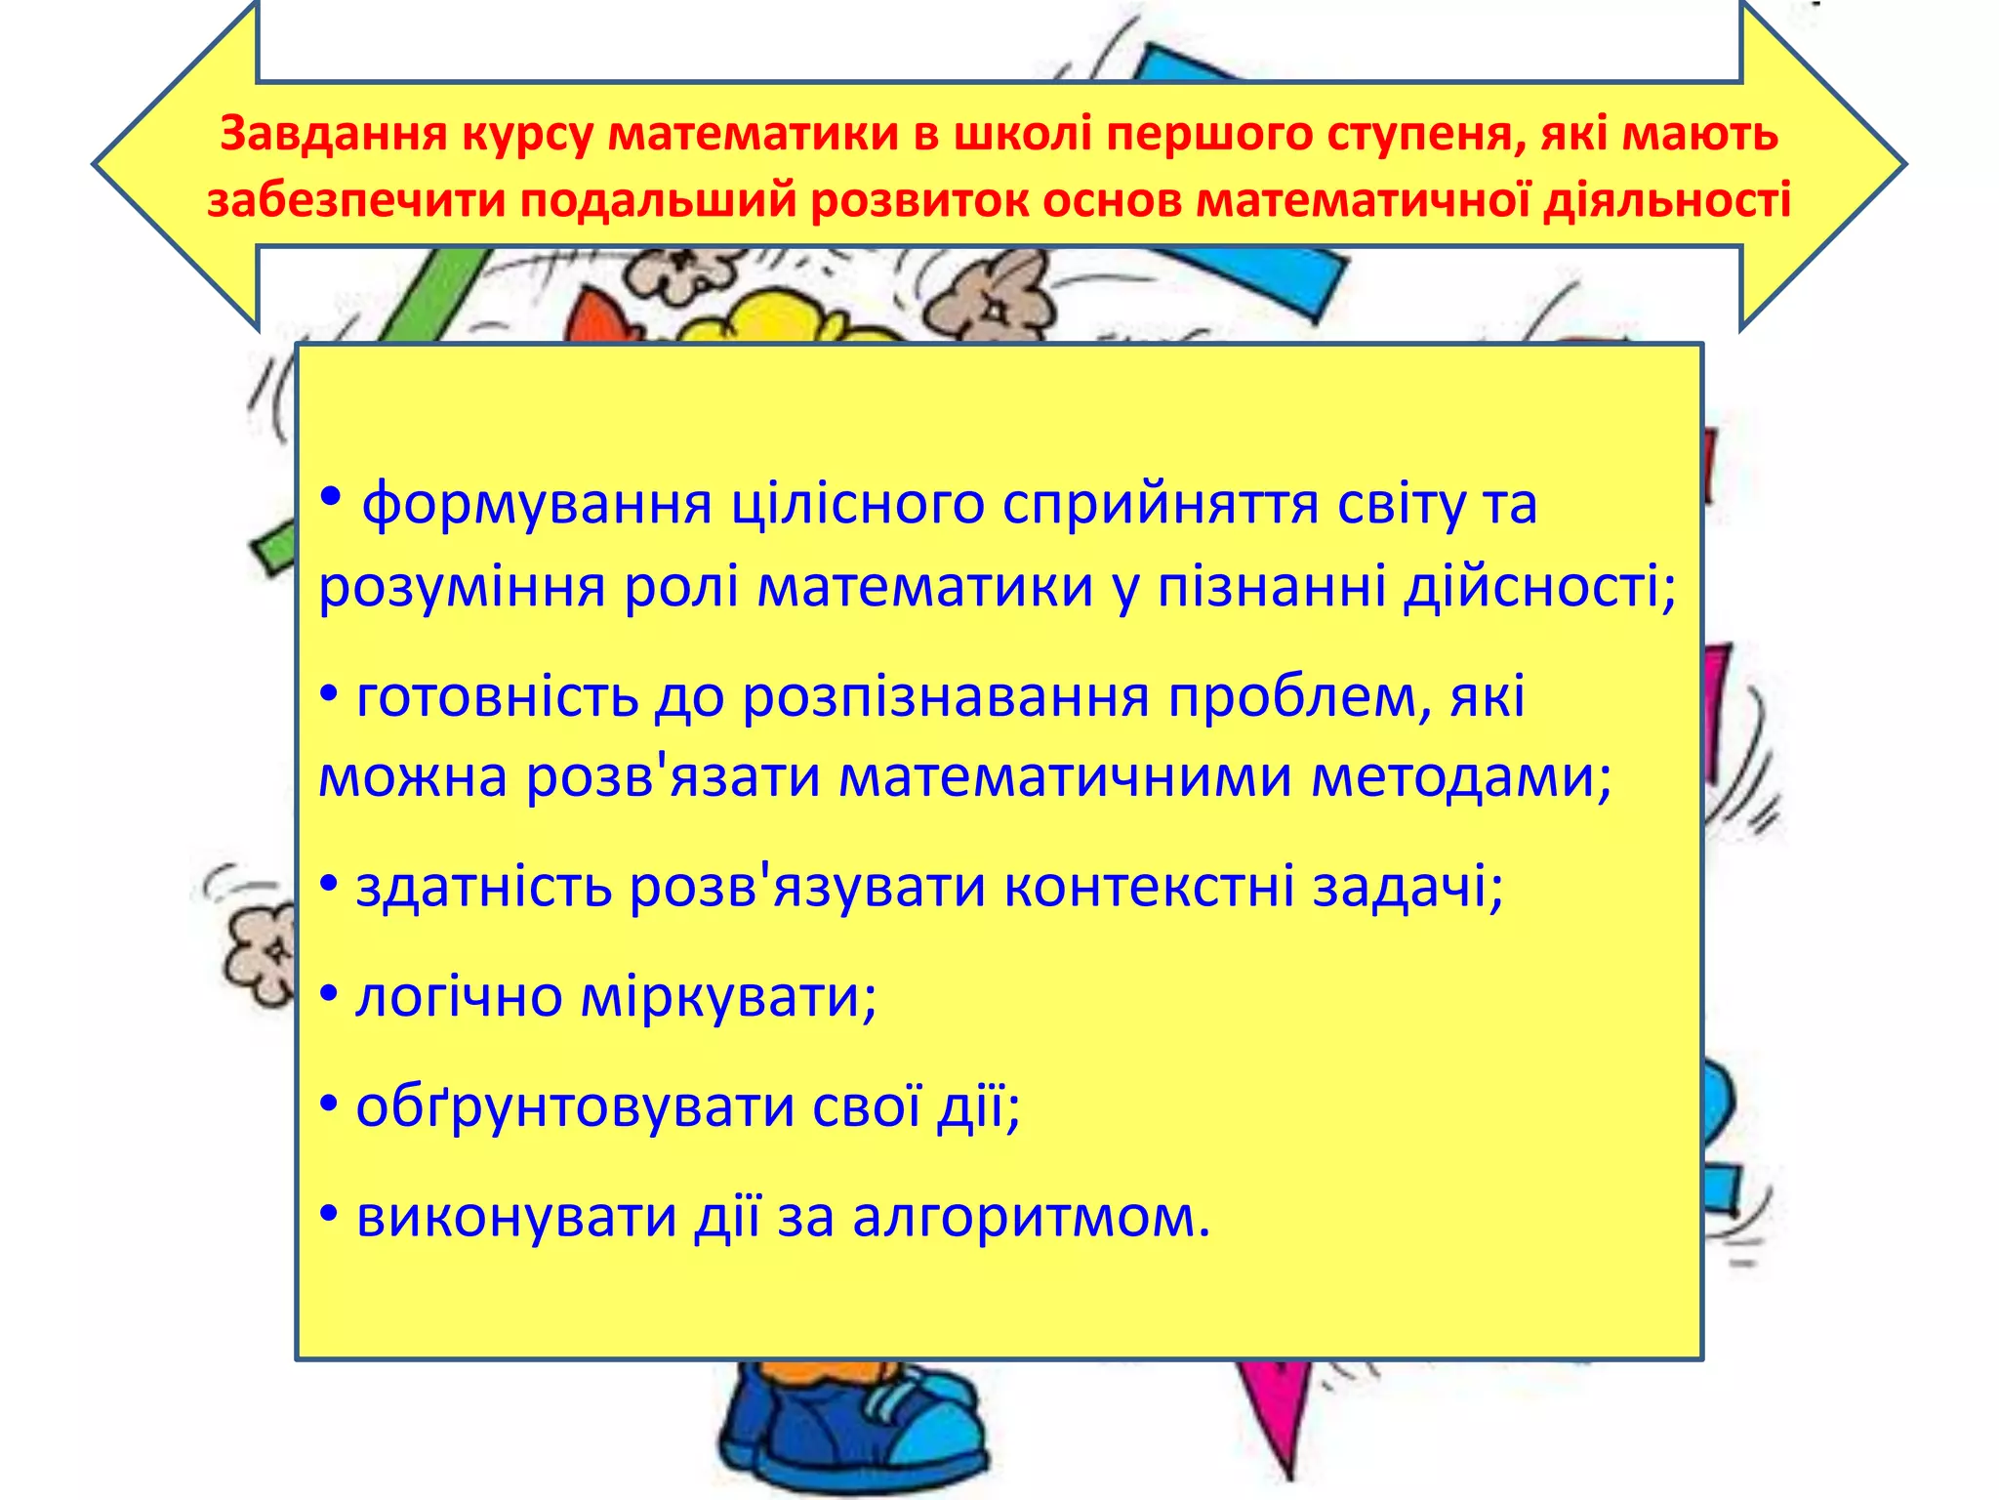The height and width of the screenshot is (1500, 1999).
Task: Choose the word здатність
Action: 483,887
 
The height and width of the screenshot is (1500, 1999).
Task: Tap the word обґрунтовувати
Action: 574,1107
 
